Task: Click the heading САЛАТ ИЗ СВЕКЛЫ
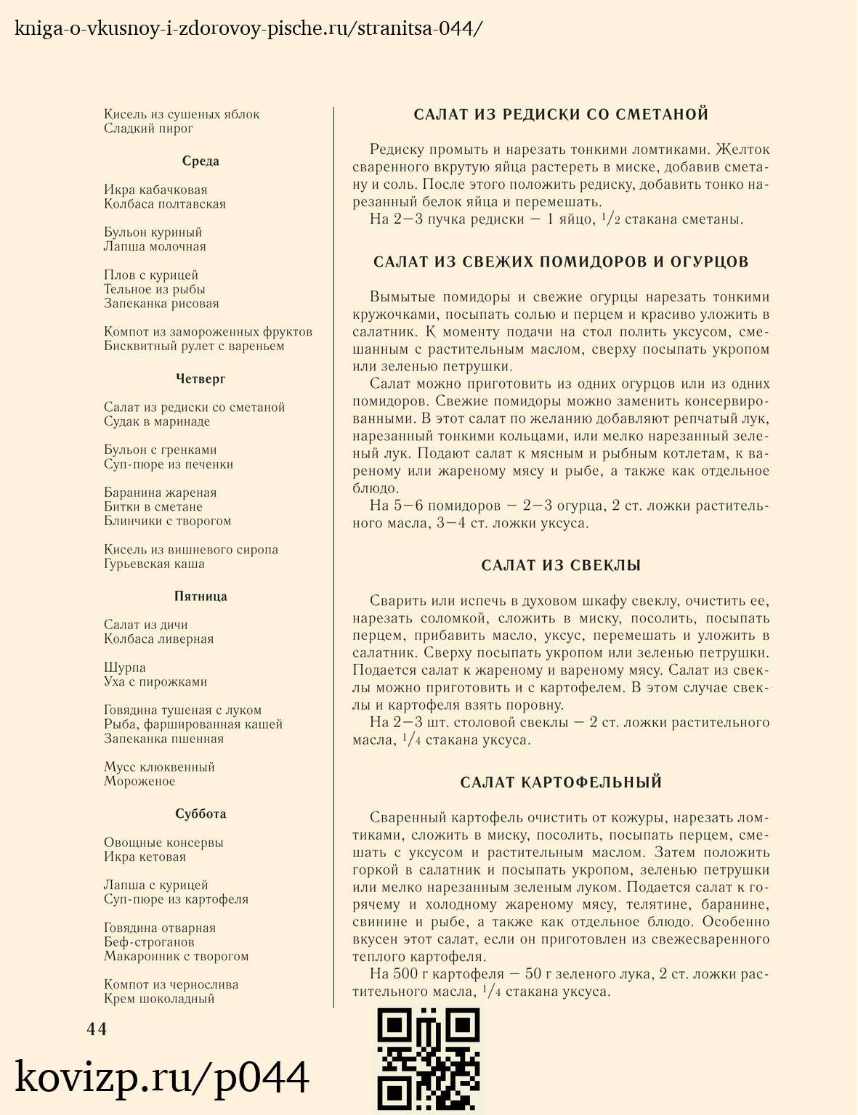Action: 561,566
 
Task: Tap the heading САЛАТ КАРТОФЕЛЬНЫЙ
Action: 561,782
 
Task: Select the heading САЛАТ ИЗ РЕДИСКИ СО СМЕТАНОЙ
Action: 561,115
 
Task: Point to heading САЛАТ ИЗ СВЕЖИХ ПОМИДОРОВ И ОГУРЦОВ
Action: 561,261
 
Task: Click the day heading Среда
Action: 201,161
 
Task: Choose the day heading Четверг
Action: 201,378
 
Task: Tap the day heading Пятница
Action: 201,596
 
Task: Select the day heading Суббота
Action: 201,814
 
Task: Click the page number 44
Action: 97,1029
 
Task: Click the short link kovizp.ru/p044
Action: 162,1077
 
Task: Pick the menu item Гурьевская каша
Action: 154,564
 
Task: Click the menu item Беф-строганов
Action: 149,942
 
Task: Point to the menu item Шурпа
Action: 125,668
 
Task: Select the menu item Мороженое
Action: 139,782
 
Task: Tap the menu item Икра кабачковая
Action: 155,190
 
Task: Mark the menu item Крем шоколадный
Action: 159,999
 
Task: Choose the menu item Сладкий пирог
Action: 148,129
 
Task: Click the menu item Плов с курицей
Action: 151,275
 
